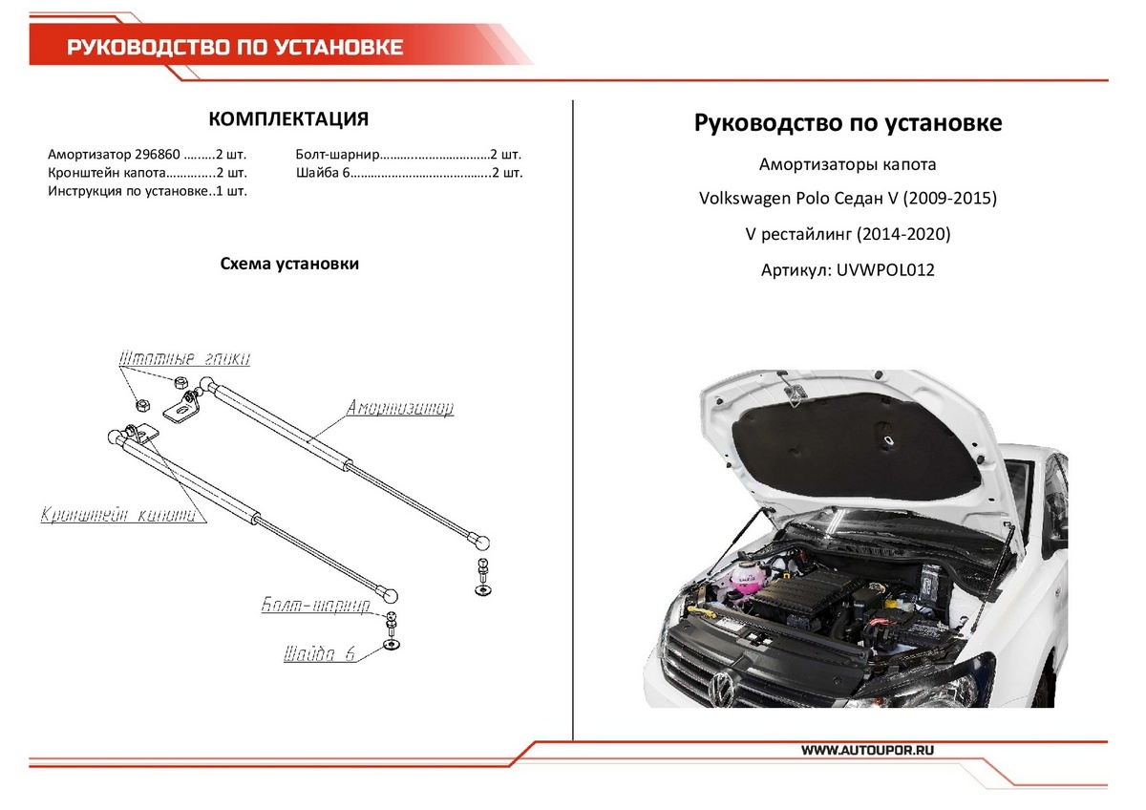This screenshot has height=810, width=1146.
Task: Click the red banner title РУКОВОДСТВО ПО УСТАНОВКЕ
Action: (x=235, y=48)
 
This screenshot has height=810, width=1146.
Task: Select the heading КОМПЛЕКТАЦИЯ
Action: (x=288, y=119)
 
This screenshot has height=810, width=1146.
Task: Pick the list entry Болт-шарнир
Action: (x=339, y=154)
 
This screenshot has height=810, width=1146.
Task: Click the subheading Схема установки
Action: (x=289, y=264)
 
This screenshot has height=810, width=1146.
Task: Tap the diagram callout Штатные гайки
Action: (x=184, y=359)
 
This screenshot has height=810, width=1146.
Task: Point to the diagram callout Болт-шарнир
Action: (x=316, y=606)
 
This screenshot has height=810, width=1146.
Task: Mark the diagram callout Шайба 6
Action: (x=319, y=655)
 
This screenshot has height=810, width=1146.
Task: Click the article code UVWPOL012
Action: (x=885, y=270)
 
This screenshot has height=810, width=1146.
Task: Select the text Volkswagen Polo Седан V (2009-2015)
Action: (x=848, y=200)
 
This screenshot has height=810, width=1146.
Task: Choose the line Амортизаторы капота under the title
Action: (x=848, y=164)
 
